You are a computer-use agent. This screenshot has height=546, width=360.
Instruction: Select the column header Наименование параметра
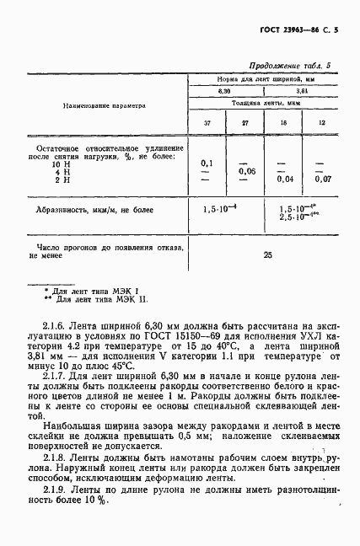point(105,106)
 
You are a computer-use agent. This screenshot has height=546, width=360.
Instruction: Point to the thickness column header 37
point(207,124)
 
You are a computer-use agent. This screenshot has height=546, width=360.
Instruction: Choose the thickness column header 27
point(245,124)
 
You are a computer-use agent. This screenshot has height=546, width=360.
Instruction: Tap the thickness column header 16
point(283,124)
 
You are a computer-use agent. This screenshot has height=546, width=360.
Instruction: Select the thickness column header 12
point(321,124)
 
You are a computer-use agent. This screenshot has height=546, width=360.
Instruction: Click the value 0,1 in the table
point(207,163)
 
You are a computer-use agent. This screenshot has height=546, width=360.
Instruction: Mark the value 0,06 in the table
point(246,171)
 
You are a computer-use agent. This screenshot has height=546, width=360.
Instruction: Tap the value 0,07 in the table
point(322,179)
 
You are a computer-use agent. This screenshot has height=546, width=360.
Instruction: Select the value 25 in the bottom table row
point(267,254)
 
